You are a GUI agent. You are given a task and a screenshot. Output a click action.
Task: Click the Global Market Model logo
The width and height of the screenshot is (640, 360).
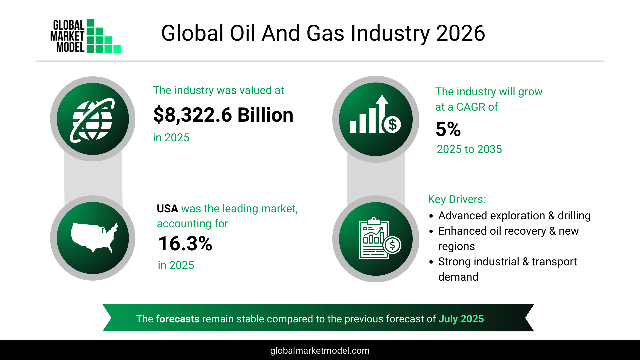tap(85, 36)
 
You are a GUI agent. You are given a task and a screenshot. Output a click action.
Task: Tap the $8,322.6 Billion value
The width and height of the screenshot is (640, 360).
tap(223, 115)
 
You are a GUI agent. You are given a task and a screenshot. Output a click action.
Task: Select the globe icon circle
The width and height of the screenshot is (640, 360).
tap(93, 119)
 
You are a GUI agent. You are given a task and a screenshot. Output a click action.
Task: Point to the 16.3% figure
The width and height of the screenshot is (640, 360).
tap(185, 244)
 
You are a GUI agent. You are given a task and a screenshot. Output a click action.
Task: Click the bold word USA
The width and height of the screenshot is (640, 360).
tap(167, 209)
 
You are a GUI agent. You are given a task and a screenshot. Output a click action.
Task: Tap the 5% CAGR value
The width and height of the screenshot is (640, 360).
tap(448, 129)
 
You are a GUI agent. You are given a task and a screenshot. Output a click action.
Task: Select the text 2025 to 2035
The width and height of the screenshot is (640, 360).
tap(469, 149)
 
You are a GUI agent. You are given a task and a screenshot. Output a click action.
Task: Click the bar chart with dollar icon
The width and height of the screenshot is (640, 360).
tap(376, 119)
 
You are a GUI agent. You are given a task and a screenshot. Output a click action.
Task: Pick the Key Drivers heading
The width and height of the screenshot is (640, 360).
tap(457, 199)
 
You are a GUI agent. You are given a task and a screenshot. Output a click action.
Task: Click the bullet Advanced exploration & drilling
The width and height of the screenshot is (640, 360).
tap(514, 216)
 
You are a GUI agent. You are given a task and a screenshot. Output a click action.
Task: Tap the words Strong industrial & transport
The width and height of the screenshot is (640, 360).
tap(507, 262)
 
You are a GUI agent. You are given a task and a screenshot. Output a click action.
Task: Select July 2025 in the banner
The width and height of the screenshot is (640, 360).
tap(461, 319)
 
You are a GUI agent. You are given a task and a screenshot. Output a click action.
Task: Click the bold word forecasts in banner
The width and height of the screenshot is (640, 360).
tap(177, 319)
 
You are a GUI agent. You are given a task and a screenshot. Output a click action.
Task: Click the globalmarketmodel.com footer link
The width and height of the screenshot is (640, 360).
tap(320, 351)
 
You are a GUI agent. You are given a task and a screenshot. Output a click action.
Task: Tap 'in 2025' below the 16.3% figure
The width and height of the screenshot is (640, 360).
tap(176, 265)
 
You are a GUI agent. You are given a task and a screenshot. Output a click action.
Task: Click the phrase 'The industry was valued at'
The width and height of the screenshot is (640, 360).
tap(218, 90)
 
